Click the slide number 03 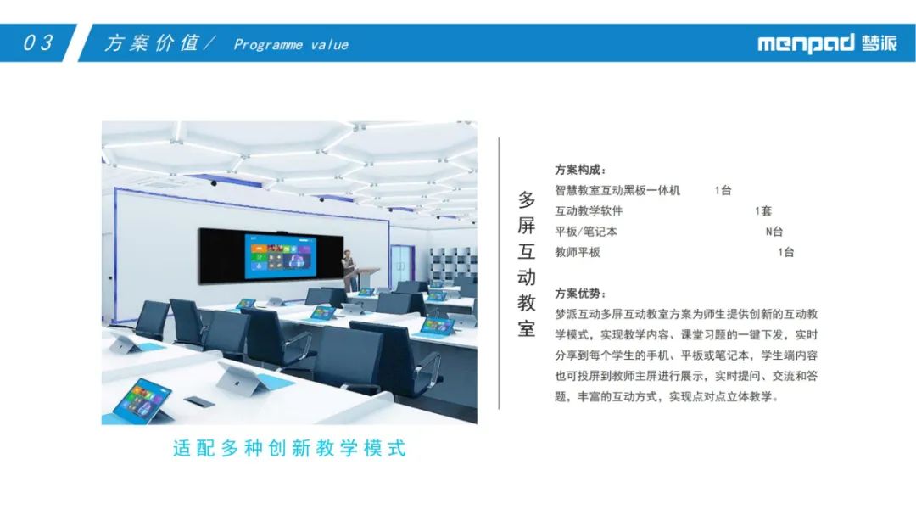point(38,42)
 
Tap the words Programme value point(291,44)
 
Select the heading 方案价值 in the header point(152,42)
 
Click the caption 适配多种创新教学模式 point(289,448)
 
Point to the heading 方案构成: point(580,170)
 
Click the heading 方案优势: point(580,294)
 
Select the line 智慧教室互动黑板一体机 point(617,190)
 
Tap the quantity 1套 point(763,210)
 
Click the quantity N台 point(774,232)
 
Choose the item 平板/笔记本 point(586,232)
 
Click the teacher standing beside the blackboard point(349,270)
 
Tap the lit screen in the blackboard point(281,255)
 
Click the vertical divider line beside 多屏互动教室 point(499,273)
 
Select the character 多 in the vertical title point(527,199)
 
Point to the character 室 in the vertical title point(527,328)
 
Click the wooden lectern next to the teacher point(367,278)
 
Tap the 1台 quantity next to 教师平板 point(785,252)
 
